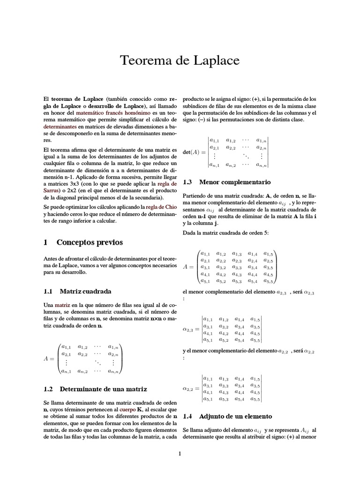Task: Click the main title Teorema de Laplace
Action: point(180,60)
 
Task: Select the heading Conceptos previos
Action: point(90,242)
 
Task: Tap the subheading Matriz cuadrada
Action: point(86,291)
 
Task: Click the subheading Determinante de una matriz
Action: point(104,389)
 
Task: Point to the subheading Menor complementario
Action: point(235,181)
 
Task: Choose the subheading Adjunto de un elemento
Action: point(235,416)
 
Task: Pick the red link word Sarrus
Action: point(52,191)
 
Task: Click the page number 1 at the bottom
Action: point(180,453)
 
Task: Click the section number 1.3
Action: point(187,181)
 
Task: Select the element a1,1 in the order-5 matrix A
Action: point(205,254)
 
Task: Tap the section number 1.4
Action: point(187,416)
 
